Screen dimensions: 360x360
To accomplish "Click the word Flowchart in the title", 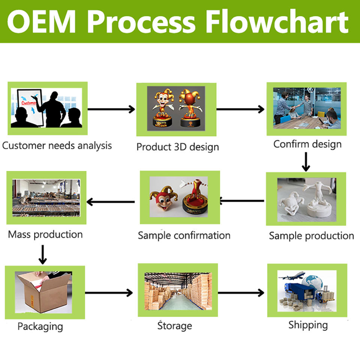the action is (277, 21).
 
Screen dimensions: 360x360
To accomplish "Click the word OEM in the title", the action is (41, 22).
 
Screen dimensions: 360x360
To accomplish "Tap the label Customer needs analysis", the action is (57, 146).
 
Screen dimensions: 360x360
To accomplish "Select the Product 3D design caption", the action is (177, 147).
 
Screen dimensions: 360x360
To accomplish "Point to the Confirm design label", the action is (307, 144).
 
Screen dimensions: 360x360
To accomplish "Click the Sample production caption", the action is (311, 236).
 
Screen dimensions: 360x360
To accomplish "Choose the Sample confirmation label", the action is (184, 235).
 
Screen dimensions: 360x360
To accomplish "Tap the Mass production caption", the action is (45, 235).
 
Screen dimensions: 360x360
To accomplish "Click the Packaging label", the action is (40, 327).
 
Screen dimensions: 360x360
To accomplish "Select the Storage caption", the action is (175, 325).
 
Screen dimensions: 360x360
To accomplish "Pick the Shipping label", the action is (308, 325).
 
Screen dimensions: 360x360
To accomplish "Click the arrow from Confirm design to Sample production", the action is (306, 162).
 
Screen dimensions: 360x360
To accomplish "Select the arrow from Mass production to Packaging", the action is (43, 255).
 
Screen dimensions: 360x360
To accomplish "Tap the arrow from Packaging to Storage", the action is (109, 293).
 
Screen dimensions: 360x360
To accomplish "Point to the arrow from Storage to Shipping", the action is (241, 293).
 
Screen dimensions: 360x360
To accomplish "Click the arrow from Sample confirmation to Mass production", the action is (111, 202).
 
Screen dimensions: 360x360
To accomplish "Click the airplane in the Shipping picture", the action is (292, 276).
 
